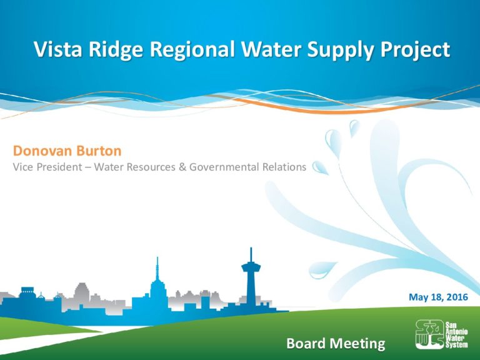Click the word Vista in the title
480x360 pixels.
[x=58, y=49]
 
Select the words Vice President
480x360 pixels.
[x=47, y=167]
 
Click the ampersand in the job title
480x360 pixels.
[x=182, y=167]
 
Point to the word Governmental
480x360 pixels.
[x=224, y=167]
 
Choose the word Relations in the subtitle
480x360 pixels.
[x=284, y=167]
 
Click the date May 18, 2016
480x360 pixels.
[x=438, y=297]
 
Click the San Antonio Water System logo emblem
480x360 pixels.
[x=430, y=334]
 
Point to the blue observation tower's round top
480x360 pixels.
[x=251, y=267]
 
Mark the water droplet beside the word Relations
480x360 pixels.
[x=320, y=167]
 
